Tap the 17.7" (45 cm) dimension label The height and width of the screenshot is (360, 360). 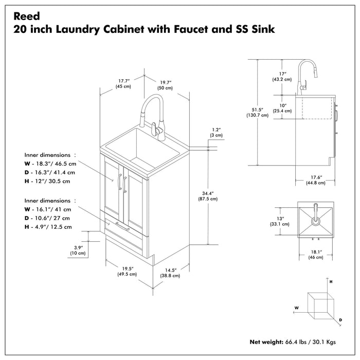(x=123, y=83)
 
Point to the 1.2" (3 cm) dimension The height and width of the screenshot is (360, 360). (x=216, y=132)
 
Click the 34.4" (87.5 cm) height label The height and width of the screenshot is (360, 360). (x=208, y=197)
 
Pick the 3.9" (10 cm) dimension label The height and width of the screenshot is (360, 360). (x=78, y=250)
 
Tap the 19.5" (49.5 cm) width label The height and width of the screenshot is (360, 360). (x=128, y=271)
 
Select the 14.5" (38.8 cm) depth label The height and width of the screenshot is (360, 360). (x=171, y=273)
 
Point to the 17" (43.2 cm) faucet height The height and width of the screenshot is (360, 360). (x=282, y=77)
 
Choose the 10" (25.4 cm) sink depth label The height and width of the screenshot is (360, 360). (x=282, y=108)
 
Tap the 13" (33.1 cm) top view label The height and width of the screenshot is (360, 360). (x=282, y=221)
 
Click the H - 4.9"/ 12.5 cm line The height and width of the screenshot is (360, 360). (x=48, y=226)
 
